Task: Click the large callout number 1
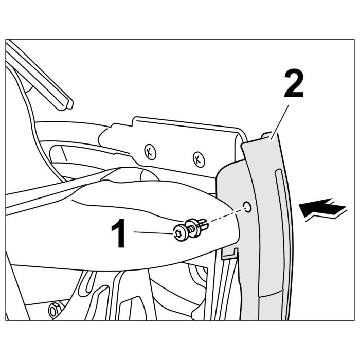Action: tap(118, 233)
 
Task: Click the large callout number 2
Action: tap(294, 84)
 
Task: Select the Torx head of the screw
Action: tap(178, 234)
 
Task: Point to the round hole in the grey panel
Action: tap(247, 207)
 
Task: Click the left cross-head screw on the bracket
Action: tap(150, 152)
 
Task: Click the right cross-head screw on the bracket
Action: tap(199, 159)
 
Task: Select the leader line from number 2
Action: tap(280, 122)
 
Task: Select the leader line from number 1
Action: tap(154, 233)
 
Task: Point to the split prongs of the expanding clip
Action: tap(204, 225)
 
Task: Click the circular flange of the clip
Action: tap(192, 228)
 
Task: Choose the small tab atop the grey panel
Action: tap(266, 135)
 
